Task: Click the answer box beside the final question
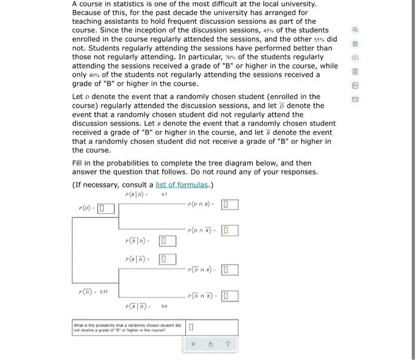pos(191,327)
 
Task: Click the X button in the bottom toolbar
pos(193,344)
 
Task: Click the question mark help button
pos(227,344)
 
